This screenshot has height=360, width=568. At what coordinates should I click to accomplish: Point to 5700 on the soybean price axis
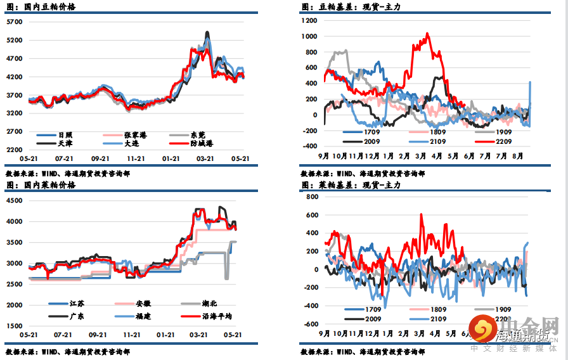14,22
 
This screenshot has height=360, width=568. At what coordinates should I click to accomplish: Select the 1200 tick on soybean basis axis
309,20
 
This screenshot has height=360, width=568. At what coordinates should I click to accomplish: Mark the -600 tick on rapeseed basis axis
310,324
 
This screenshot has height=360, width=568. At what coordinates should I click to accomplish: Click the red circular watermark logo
484,328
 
